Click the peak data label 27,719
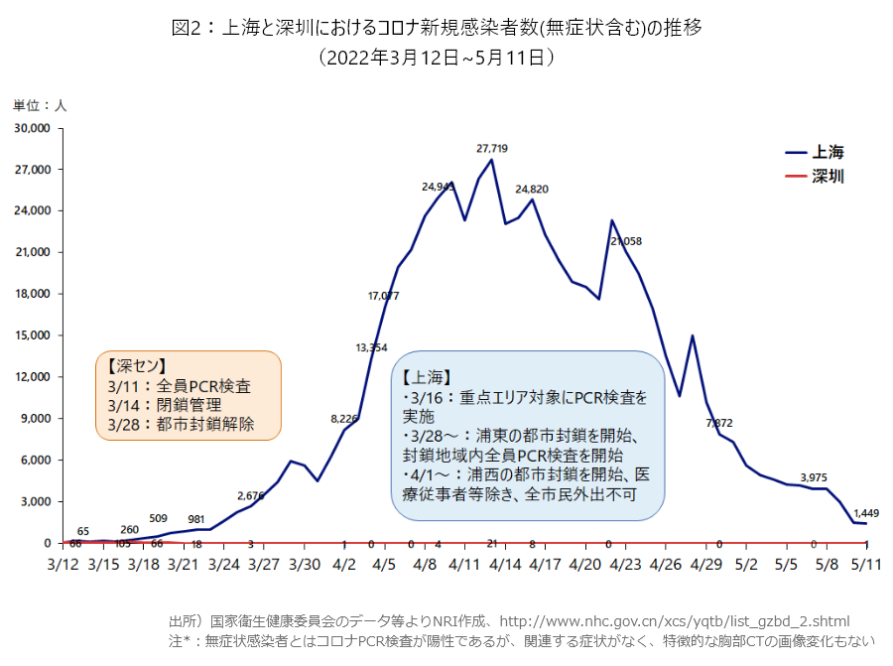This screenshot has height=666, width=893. coord(492,148)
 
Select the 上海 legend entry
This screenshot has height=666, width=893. coord(828,152)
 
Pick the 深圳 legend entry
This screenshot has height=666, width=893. coord(828,177)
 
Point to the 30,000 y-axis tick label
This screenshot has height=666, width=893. coord(31,128)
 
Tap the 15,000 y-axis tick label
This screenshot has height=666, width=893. coord(31,335)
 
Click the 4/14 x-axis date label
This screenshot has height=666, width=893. coord(505,564)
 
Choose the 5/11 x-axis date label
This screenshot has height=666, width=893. coord(868,564)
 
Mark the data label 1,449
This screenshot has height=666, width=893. coord(866,513)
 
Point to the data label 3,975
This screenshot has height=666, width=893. coord(814,476)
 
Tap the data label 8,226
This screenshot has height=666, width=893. coord(346,419)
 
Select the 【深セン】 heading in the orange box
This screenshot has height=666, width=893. coord(136,365)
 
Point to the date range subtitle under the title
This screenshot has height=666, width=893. coord(436,59)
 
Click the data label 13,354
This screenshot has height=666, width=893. coord(372,347)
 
